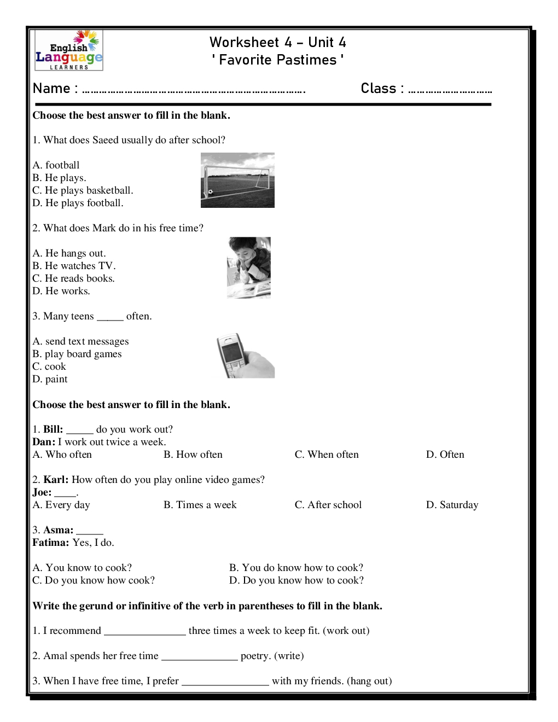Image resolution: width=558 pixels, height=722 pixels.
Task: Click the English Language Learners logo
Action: pos(69,51)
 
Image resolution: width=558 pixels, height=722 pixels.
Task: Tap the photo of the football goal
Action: pos(237,180)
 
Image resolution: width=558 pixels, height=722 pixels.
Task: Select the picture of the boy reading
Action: pos(249,267)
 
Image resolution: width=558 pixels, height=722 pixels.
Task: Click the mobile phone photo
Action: pos(245,356)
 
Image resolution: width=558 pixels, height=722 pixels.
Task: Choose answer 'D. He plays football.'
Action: pos(78,203)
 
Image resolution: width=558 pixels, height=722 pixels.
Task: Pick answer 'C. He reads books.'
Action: pos(73,278)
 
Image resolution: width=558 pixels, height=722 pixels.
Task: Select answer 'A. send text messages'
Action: pos(80,341)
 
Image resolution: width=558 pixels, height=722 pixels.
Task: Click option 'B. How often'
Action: pos(193,455)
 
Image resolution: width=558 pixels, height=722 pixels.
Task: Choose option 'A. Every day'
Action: pos(61,505)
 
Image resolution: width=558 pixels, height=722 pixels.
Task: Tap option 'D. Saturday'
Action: pos(452,505)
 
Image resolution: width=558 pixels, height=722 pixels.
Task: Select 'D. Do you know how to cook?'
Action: pos(296,580)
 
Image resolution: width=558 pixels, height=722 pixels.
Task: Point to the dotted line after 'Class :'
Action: pos(450,91)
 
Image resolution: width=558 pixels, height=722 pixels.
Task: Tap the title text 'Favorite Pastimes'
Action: pos(278,60)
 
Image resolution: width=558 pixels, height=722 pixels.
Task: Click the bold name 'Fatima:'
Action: pos(51,543)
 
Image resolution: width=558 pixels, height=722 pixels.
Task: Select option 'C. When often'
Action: pos(327,455)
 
